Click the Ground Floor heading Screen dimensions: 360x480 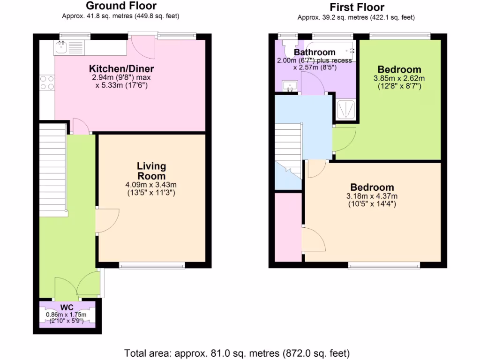(x=121, y=6)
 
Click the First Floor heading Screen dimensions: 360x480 (x=357, y=7)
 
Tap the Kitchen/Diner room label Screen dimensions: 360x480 (x=122, y=69)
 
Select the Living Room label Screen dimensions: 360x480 (x=151, y=171)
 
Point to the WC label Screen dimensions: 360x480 (x=67, y=308)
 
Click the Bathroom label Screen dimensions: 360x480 (x=315, y=52)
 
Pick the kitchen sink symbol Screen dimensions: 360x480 (x=69, y=46)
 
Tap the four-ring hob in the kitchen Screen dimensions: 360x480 (x=47, y=83)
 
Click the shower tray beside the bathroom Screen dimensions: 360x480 (x=346, y=109)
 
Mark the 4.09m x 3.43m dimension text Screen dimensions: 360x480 (x=151, y=185)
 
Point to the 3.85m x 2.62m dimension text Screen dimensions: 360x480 (x=399, y=78)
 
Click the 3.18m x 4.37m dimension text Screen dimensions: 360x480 (x=372, y=196)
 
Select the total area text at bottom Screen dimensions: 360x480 (x=237, y=352)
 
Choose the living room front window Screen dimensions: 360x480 (x=152, y=266)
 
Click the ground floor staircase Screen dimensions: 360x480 (x=52, y=169)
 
